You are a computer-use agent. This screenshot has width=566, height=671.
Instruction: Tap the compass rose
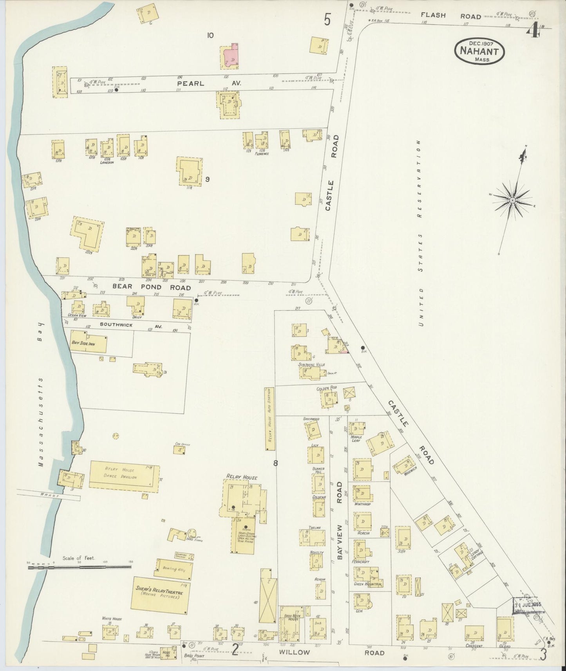pos(512,200)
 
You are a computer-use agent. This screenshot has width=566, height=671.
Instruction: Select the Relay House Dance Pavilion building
pos(124,476)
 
